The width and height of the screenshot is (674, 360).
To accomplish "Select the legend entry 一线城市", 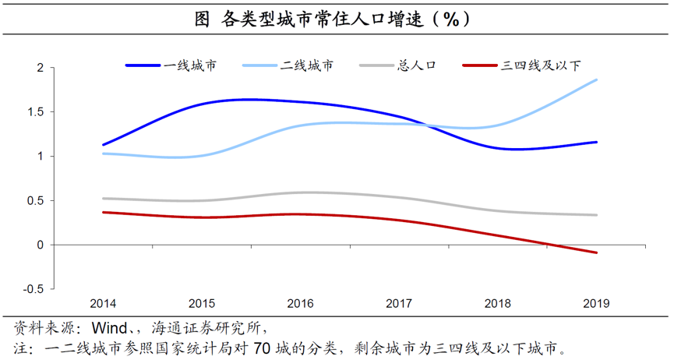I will pos(190,65).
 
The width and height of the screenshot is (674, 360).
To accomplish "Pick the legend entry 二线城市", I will pos(307,65).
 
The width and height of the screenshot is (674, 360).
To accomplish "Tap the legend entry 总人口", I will pos(415,65).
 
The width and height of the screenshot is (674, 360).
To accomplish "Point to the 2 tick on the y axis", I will pos(41,68).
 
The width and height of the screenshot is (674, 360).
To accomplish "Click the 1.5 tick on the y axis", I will pos(37,112).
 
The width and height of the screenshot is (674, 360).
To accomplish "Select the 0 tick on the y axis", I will pos(41,245).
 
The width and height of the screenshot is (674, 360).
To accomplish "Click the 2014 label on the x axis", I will pos(103,302).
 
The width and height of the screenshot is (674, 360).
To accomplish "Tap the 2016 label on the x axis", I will pos(301,302).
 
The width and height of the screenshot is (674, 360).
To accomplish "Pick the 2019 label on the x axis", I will pos(597,302).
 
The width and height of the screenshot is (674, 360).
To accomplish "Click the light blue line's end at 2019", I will pos(597,79).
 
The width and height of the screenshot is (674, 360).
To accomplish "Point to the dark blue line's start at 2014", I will pos(103,145).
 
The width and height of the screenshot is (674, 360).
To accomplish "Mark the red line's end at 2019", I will pos(597,252).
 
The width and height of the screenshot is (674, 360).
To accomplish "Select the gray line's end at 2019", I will pos(597,215).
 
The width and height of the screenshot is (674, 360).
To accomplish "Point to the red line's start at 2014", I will pos(103,212).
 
